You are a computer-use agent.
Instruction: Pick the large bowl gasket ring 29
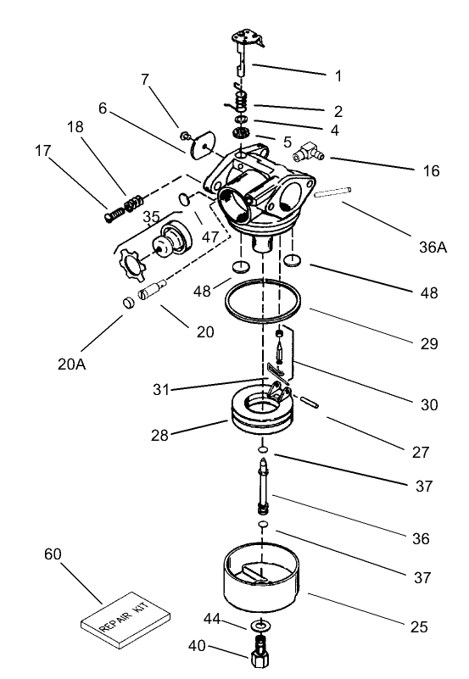coord(264,300)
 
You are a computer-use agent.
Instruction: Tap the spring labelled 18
coord(134,204)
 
